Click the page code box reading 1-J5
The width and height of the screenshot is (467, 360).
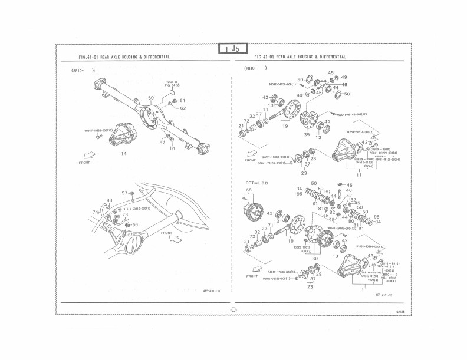click(x=233, y=49)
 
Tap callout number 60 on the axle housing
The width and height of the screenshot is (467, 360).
click(x=151, y=98)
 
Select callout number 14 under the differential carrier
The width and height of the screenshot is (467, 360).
click(x=124, y=153)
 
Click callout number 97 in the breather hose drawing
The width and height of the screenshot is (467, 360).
click(x=124, y=193)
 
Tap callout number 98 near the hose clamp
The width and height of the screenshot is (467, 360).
click(x=109, y=201)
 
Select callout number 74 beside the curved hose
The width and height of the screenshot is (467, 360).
click(x=95, y=212)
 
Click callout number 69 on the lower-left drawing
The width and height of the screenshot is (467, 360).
click(x=130, y=234)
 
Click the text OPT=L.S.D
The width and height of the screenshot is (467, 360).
click(x=256, y=183)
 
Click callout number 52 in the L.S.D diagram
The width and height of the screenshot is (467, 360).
click(x=348, y=196)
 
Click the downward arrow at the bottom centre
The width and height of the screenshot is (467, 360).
click(x=233, y=308)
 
